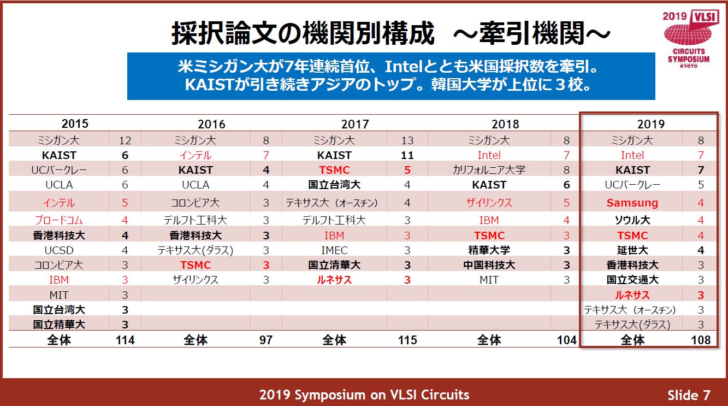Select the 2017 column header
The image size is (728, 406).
click(x=355, y=124)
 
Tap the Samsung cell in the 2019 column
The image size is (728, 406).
click(x=632, y=203)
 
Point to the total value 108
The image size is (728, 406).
click(x=701, y=340)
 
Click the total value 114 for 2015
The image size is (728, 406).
click(x=125, y=340)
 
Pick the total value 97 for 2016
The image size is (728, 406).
click(x=265, y=340)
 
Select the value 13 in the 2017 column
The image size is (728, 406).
click(x=407, y=140)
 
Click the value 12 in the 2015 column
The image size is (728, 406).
click(x=125, y=140)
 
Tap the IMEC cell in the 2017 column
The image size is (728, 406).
click(x=334, y=250)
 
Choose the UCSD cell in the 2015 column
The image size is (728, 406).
click(x=59, y=250)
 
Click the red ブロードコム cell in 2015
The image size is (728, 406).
click(x=59, y=221)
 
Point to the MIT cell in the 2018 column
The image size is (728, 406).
click(x=489, y=280)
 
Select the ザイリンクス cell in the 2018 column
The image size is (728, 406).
click(x=489, y=203)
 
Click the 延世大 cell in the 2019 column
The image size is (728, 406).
click(x=632, y=250)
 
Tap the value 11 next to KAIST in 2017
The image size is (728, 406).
click(x=407, y=155)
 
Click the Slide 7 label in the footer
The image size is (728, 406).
click(x=688, y=395)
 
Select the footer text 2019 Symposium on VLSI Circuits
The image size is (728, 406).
click(x=364, y=395)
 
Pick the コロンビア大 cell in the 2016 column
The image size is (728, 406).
click(x=196, y=203)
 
